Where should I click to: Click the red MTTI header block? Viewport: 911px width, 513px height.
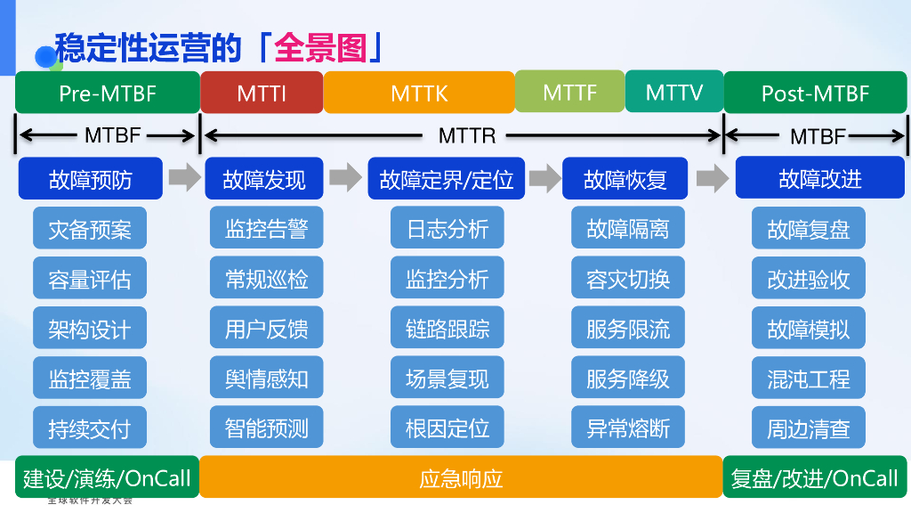[262, 93]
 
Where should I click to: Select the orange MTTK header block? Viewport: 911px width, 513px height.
[419, 93]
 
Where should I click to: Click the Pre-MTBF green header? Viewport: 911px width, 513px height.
[108, 93]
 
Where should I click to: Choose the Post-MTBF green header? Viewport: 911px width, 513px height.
[815, 93]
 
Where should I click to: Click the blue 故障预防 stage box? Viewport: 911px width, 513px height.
[90, 179]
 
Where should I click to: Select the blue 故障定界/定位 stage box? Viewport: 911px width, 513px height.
[446, 179]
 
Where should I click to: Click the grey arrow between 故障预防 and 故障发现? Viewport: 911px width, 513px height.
[184, 178]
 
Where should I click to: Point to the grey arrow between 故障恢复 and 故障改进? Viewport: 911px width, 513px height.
[712, 178]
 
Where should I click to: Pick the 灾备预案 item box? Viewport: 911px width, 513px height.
[90, 229]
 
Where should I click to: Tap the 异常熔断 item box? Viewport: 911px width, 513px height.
[627, 427]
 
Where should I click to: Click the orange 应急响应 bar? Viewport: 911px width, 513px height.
[461, 477]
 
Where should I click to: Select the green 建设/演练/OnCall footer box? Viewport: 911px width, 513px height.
[107, 477]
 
